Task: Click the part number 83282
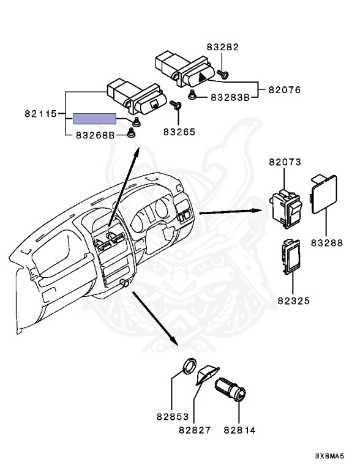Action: pos(222,47)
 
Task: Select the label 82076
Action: pos(285,89)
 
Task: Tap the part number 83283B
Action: pos(230,97)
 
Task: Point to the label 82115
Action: pos(40,114)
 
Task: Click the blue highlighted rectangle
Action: pos(95,119)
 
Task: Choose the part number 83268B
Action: pos(96,135)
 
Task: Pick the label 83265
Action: pos(179,132)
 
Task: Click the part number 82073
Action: pos(285,162)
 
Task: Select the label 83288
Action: pos(327,242)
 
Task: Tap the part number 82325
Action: pos(294,300)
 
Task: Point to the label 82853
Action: pos(173,416)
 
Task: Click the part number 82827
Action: pos(195,430)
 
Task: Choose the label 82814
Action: pos(239,430)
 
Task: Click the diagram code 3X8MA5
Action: pos(329,456)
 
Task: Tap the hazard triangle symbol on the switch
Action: pos(203,78)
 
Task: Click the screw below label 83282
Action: pos(223,73)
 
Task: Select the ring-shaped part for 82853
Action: pos(190,365)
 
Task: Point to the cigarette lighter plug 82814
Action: pos(231,389)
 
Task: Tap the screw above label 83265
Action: pos(176,105)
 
